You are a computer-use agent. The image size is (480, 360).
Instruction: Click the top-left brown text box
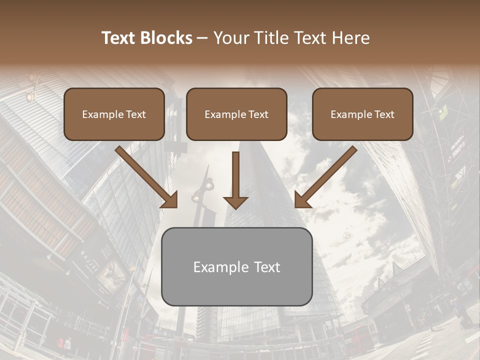(114, 114)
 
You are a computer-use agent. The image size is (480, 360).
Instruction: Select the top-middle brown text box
(236, 114)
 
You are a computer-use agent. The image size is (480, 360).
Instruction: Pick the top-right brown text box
(362, 114)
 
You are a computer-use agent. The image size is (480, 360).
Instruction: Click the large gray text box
(236, 266)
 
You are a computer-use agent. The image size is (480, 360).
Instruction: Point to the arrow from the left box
(146, 176)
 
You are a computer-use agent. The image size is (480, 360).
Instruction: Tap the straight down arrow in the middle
(235, 180)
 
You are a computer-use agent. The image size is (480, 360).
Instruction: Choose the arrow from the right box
(326, 176)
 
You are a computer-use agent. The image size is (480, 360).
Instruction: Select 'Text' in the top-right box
(384, 114)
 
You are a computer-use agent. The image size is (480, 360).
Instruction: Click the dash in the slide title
(202, 38)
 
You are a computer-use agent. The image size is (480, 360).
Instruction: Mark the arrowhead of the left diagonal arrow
(170, 199)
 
